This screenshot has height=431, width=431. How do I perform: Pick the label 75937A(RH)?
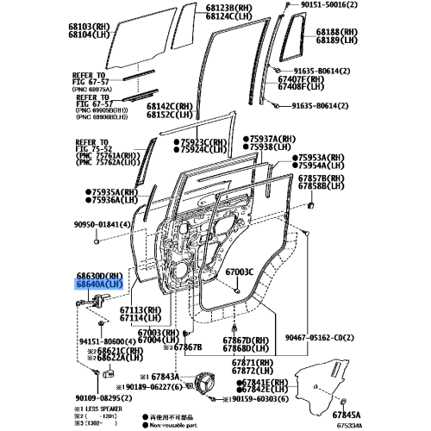[x=278, y=138]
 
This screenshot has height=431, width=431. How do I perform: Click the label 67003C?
[x=239, y=272]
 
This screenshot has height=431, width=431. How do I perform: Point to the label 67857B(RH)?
[x=324, y=177]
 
